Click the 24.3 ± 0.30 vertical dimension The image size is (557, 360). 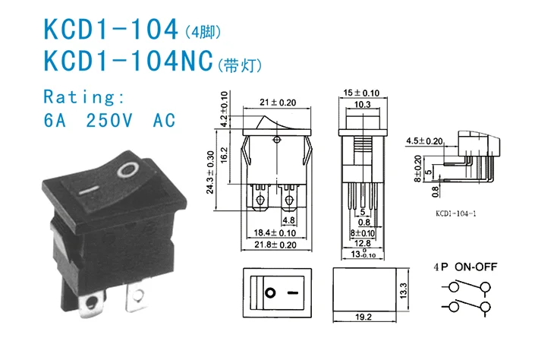tap(210, 174)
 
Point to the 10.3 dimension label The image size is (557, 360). tap(362, 104)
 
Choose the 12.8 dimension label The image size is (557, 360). tap(362, 243)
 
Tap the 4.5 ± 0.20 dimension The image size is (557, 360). tap(445, 141)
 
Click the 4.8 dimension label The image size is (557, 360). tap(289, 220)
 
